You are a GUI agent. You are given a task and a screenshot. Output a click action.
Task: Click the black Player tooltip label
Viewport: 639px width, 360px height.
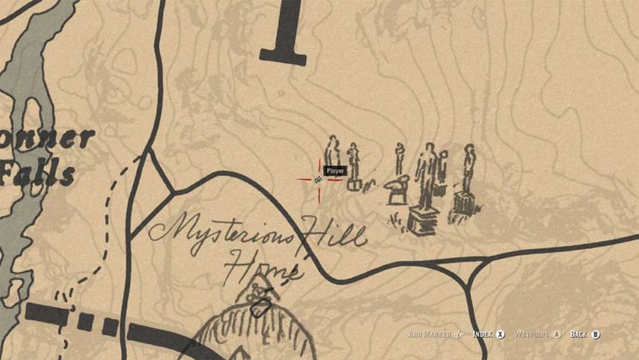[x=334, y=171]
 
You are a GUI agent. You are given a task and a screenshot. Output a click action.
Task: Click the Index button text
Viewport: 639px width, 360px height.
[x=482, y=334]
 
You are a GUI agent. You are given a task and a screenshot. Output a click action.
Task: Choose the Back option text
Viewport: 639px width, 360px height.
[x=578, y=334]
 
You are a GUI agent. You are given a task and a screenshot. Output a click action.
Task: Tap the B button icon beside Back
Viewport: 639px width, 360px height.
[x=596, y=334]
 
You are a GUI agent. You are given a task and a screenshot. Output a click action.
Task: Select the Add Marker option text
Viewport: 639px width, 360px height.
[x=429, y=334]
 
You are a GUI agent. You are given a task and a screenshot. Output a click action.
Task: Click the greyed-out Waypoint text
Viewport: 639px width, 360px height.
[x=531, y=334]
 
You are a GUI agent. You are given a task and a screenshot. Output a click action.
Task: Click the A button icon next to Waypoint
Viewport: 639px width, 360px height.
[x=557, y=334]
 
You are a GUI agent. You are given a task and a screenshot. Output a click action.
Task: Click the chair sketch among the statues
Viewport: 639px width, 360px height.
[x=398, y=190]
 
